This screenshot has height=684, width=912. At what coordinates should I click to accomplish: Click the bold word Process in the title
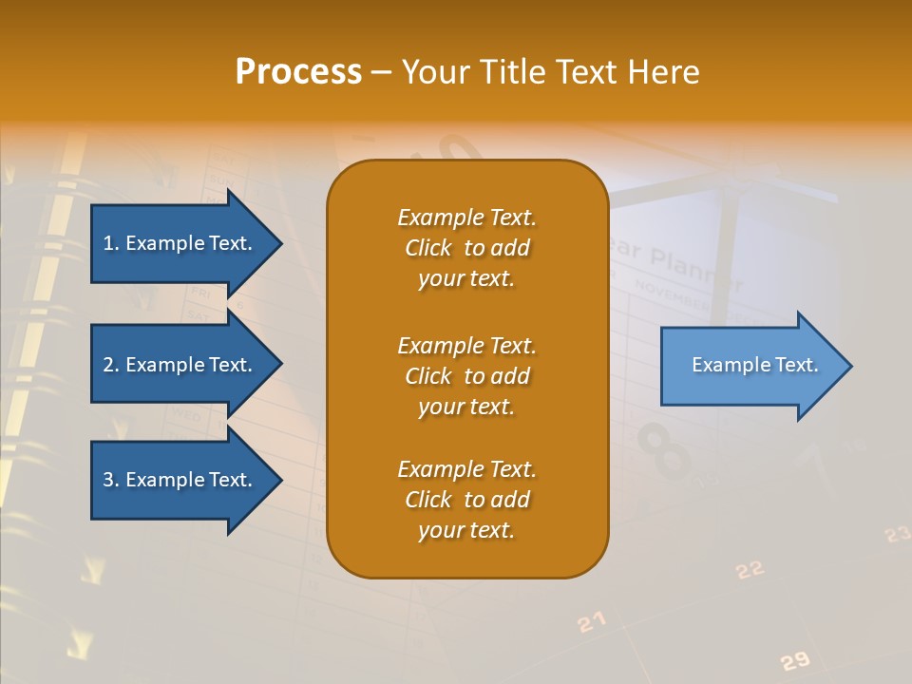pyautogui.click(x=298, y=72)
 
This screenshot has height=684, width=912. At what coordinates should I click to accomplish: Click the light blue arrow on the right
pyautogui.click(x=750, y=366)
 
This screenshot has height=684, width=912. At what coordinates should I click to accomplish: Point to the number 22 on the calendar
pyautogui.click(x=750, y=569)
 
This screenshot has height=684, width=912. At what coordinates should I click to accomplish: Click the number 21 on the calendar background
pyautogui.click(x=591, y=622)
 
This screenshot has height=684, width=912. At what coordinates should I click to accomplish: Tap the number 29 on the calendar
pyautogui.click(x=794, y=661)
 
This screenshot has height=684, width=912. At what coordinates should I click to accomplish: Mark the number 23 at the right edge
pyautogui.click(x=897, y=535)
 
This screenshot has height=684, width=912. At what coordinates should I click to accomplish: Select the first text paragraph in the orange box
pyautogui.click(x=466, y=248)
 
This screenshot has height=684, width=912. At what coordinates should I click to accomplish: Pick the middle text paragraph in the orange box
pyautogui.click(x=466, y=376)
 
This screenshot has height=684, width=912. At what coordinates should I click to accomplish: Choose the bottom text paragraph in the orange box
pyautogui.click(x=466, y=500)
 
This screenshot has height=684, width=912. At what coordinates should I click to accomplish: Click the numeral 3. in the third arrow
pyautogui.click(x=110, y=480)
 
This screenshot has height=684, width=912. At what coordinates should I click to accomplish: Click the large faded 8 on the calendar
pyautogui.click(x=664, y=450)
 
